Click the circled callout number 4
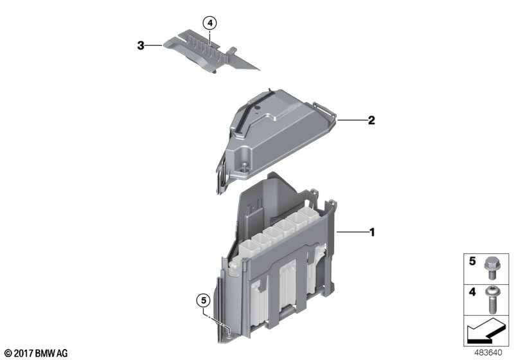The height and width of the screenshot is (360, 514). click(210, 23)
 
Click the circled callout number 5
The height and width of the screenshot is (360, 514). click(204, 300)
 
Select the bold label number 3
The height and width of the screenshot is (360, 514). click(141, 45)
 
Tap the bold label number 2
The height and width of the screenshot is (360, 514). click(371, 120)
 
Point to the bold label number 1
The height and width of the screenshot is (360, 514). click(372, 233)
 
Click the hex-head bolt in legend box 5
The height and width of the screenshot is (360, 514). click(490, 268)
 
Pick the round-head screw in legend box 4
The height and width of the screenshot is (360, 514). click(492, 300)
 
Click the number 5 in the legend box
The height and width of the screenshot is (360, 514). click(472, 261)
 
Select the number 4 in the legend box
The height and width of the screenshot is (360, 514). click(472, 291)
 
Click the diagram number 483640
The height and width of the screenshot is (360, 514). click(488, 353)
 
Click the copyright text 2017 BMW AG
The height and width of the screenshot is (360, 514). click(36, 353)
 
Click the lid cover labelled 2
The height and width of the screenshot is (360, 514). click(276, 138)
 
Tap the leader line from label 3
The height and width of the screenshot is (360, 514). click(154, 45)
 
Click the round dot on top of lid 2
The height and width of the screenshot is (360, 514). click(258, 107)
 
